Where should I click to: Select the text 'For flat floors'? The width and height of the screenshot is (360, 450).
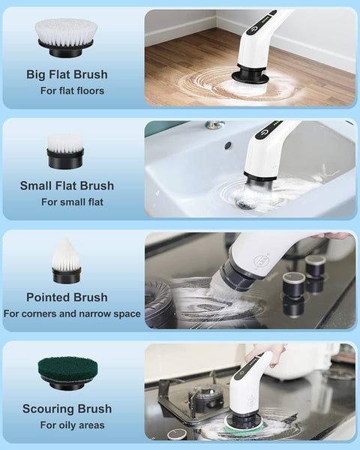pyautogui.click(x=72, y=91)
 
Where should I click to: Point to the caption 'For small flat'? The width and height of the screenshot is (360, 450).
pyautogui.click(x=72, y=202)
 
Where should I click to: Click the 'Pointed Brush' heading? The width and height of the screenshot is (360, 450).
pyautogui.click(x=67, y=297)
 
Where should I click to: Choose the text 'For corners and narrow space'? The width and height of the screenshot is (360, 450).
pyautogui.click(x=72, y=313)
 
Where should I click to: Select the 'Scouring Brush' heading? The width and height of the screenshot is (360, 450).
pyautogui.click(x=67, y=409)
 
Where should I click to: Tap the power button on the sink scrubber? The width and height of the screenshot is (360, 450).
pyautogui.click(x=264, y=133)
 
